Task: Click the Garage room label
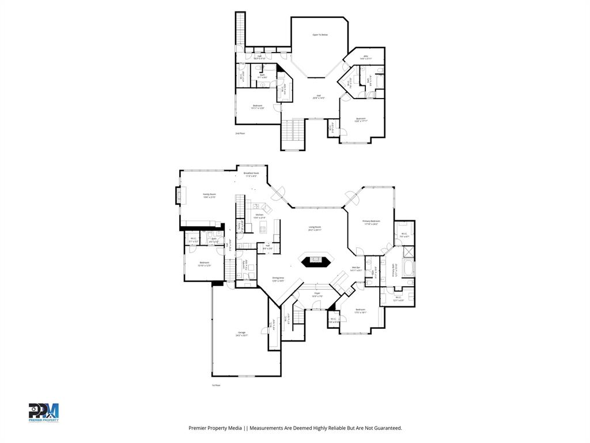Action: point(241,334)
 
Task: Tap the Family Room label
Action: point(209,196)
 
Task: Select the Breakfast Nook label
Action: point(251,174)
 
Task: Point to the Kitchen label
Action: point(259,216)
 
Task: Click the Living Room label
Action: point(315,228)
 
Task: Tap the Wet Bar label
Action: point(357,269)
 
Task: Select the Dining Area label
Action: point(278,279)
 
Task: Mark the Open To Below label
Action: point(320,35)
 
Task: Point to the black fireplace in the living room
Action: point(315,260)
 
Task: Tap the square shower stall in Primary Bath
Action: point(408,251)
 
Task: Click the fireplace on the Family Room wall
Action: point(178,196)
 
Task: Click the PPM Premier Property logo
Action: point(44,412)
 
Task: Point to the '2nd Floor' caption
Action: point(240,133)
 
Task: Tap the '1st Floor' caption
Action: point(216,385)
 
